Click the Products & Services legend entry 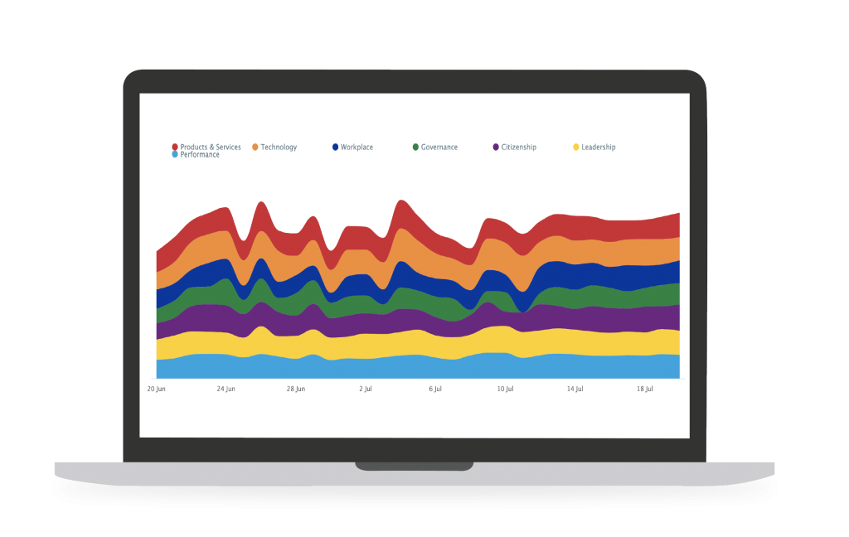point(206,147)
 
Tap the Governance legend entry point(434,147)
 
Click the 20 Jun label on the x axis point(156,388)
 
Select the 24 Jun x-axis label point(226,388)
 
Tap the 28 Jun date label point(296,388)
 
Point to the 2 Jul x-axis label point(366,388)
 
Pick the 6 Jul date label point(435,388)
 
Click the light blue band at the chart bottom point(415,367)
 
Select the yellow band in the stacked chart point(415,343)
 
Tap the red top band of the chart point(580,225)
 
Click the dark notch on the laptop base point(414,466)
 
